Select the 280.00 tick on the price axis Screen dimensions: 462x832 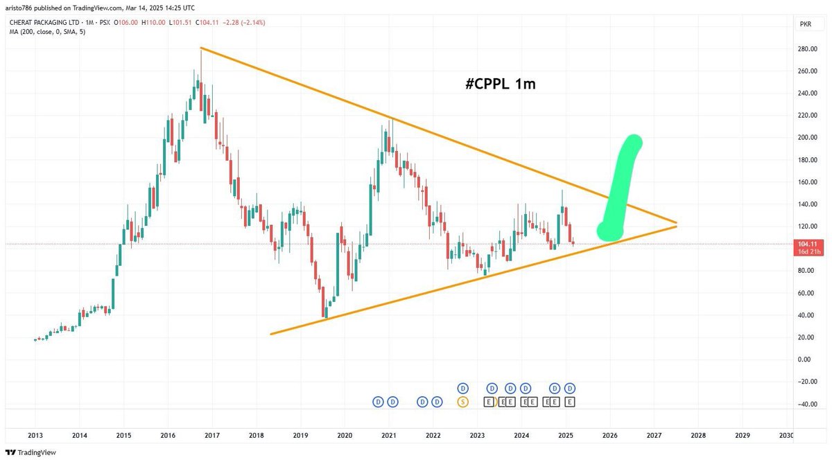tap(805, 49)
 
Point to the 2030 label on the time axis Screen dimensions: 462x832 tap(786, 435)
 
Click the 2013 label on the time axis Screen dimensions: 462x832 tap(35, 435)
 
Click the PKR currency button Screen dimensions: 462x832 tap(806, 24)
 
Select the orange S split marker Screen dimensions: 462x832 tap(462, 401)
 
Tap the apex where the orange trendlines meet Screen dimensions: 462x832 tap(676, 224)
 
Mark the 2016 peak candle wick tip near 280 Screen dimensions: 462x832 tap(200, 48)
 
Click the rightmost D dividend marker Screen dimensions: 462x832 tap(570, 388)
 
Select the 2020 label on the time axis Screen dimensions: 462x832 tap(345, 435)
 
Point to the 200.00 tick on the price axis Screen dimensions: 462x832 tap(805, 138)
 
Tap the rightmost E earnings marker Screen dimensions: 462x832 tap(570, 401)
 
